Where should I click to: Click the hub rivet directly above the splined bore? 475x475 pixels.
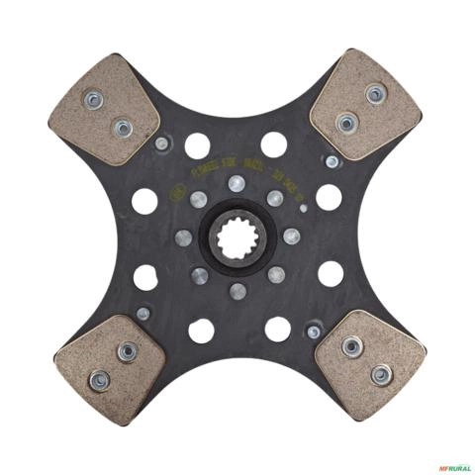coord(237,183)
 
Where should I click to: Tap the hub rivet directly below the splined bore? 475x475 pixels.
coord(237,291)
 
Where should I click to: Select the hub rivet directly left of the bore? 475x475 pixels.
coord(183,237)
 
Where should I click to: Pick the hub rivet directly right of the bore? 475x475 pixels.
coord(291,237)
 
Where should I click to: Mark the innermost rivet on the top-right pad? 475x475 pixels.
coord(346,123)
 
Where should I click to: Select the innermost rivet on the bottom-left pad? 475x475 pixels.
coord(126,351)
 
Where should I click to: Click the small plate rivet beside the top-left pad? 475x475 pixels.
coord(161,143)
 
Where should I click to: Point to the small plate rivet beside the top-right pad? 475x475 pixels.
coord(332,160)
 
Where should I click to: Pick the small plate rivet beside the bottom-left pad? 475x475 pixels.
coord(143,314)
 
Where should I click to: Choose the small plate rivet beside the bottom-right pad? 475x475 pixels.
coord(314,331)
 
